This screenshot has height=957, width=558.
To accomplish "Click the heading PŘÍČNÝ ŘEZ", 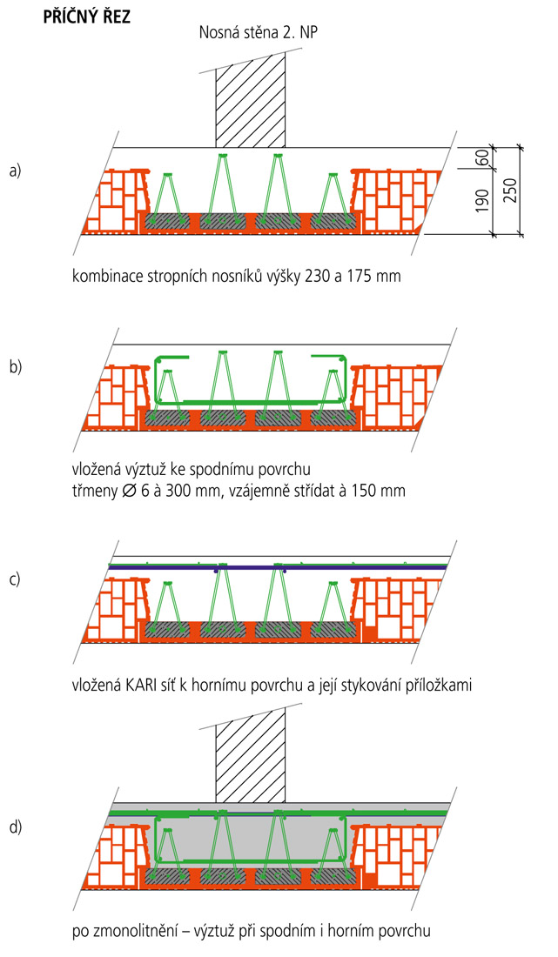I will pyautogui.click(x=87, y=17).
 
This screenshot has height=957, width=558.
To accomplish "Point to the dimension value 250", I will pyautogui.click(x=510, y=187).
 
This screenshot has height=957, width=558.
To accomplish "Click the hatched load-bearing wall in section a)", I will pyautogui.click(x=251, y=100).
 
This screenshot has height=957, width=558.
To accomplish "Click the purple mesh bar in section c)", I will pyautogui.click(x=279, y=566).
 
